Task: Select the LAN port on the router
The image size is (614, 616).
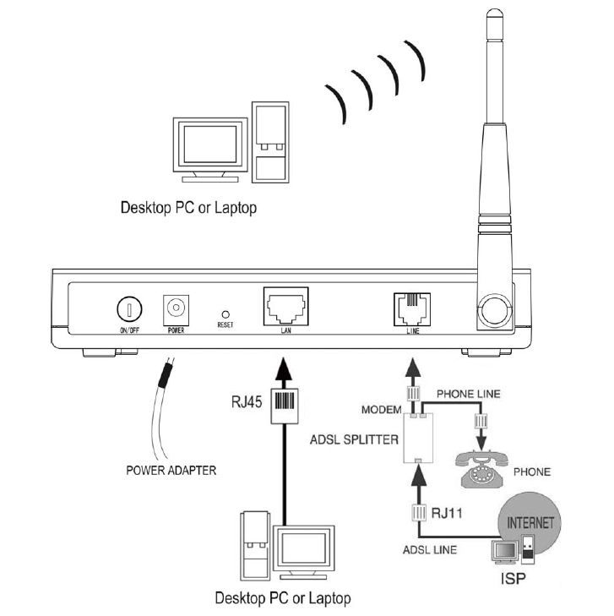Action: point(285,307)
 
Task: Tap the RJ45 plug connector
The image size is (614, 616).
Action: point(284,401)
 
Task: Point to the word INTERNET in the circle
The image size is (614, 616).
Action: point(530,524)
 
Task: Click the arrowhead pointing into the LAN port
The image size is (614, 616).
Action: point(285,366)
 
